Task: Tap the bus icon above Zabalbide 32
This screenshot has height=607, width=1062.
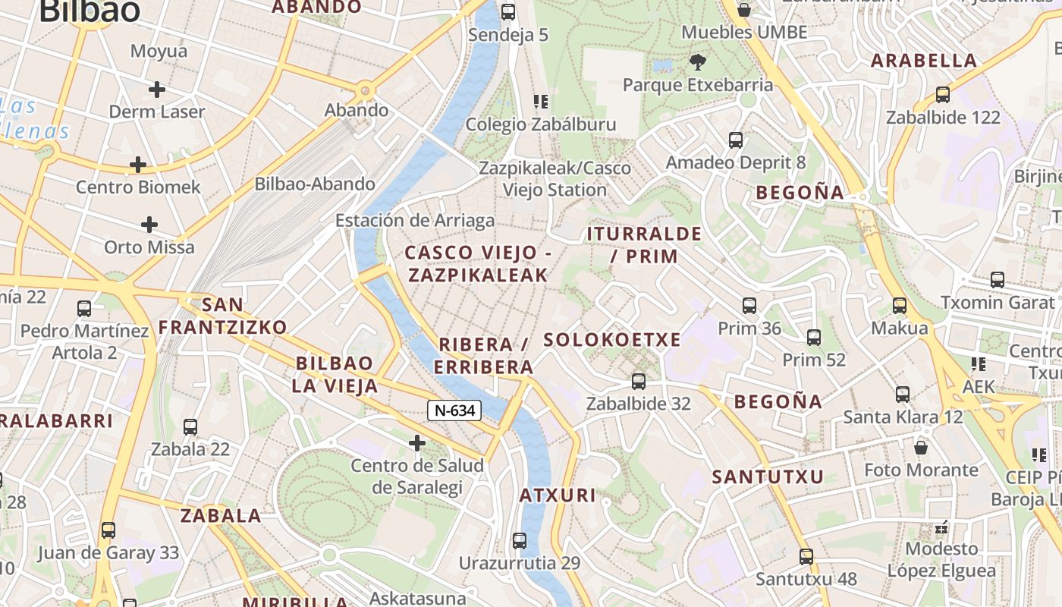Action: click(639, 381)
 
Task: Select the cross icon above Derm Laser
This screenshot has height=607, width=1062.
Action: click(157, 90)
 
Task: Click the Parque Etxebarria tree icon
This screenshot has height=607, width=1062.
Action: click(697, 61)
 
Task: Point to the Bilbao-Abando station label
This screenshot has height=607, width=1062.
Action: click(314, 184)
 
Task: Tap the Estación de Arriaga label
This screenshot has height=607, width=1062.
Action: click(415, 221)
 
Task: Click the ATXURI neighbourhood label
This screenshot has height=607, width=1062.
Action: click(558, 495)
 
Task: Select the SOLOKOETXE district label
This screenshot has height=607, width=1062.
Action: click(612, 339)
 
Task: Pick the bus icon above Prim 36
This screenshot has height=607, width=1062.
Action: click(749, 306)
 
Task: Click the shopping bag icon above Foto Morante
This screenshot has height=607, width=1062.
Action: click(921, 447)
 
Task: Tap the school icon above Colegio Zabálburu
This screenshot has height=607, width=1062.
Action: click(541, 101)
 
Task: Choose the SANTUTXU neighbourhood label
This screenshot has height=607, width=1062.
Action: click(768, 477)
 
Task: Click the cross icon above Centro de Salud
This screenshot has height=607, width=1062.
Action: click(416, 442)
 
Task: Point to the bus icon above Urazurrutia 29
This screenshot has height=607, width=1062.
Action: click(520, 541)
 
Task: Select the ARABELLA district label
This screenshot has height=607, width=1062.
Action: click(924, 61)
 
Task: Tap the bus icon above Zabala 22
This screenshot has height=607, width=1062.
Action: click(190, 427)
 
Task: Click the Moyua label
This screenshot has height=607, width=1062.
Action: click(159, 51)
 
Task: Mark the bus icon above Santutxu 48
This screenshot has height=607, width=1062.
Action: click(806, 557)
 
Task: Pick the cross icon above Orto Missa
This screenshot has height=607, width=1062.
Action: click(149, 225)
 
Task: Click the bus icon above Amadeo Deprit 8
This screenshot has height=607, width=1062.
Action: click(736, 140)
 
